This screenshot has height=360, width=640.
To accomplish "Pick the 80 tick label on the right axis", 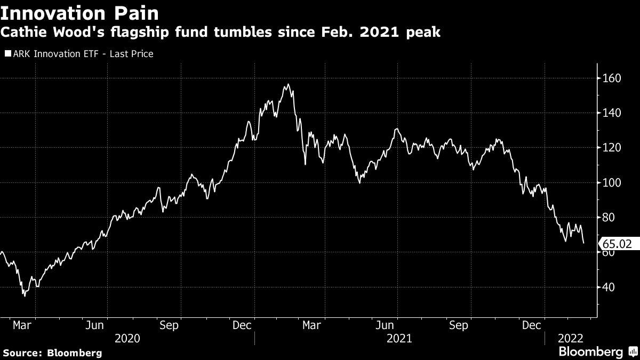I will pyautogui.click(x=609, y=218).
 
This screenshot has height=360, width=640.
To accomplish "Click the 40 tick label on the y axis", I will pyautogui.click(x=609, y=287).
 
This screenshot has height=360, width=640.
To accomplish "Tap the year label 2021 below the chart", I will pyautogui.click(x=399, y=338).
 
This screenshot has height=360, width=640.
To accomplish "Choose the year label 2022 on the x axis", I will pyautogui.click(x=570, y=338).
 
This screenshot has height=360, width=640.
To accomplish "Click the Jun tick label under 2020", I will pyautogui.click(x=94, y=324).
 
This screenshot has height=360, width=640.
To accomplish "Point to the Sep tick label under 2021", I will pyautogui.click(x=459, y=324).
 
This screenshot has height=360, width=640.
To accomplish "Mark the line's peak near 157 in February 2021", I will pyautogui.click(x=288, y=84).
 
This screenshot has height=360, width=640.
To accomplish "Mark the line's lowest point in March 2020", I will pyautogui.click(x=24, y=295).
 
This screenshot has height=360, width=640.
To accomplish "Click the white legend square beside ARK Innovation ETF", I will pyautogui.click(x=7, y=54).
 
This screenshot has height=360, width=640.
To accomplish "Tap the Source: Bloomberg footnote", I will pyautogui.click(x=52, y=353).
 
